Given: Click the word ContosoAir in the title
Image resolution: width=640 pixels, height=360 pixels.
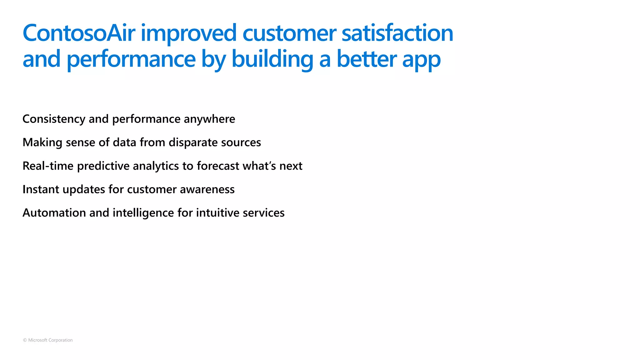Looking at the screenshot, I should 79,33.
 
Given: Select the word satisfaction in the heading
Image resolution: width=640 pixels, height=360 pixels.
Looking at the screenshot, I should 397,33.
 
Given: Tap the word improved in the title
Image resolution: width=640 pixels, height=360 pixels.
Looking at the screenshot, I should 189,33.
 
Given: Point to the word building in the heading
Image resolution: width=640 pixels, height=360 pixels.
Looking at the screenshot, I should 272,59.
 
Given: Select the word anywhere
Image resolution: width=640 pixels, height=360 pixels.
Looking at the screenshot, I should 209,119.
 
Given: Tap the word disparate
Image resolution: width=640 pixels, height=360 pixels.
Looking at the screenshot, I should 193,142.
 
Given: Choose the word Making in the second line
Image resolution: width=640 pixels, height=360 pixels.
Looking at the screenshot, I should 42,142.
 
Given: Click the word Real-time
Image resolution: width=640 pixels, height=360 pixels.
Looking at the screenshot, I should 48,166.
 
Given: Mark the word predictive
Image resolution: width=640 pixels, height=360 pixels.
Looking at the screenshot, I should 103,166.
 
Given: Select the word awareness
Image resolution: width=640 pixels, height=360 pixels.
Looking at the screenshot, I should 207,189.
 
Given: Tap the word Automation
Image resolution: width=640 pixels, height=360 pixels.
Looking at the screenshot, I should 54,213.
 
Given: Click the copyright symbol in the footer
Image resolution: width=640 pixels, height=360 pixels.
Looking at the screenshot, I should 25,340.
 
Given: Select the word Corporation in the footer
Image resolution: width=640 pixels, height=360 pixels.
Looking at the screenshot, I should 61,340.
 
